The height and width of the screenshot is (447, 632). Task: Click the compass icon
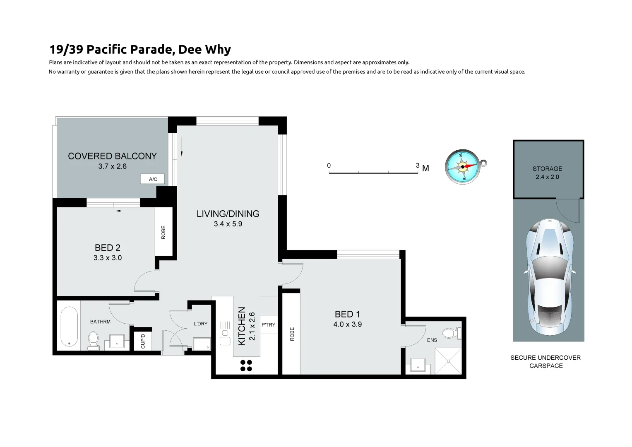tap(463, 167)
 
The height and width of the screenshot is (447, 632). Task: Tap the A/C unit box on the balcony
tap(153, 179)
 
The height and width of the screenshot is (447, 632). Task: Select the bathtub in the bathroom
tap(69, 327)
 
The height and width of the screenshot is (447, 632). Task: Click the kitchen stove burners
tap(246, 365)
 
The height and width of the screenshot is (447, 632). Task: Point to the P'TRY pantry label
tap(268, 325)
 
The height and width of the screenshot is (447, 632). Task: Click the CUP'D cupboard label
tap(143, 341)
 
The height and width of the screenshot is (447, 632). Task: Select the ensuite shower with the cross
tap(448, 361)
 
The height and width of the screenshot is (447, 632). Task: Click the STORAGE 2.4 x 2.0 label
tap(547, 173)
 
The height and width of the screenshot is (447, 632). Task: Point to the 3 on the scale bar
tap(417, 166)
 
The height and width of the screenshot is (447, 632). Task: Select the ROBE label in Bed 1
tap(292, 334)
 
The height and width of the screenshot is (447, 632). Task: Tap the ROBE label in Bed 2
tap(163, 232)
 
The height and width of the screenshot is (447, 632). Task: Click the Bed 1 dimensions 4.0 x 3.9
tap(347, 324)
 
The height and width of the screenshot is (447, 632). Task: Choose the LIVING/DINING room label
tap(228, 214)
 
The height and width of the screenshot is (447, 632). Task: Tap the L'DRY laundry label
tap(200, 324)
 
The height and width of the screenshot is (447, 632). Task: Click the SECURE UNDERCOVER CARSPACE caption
tap(545, 361)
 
